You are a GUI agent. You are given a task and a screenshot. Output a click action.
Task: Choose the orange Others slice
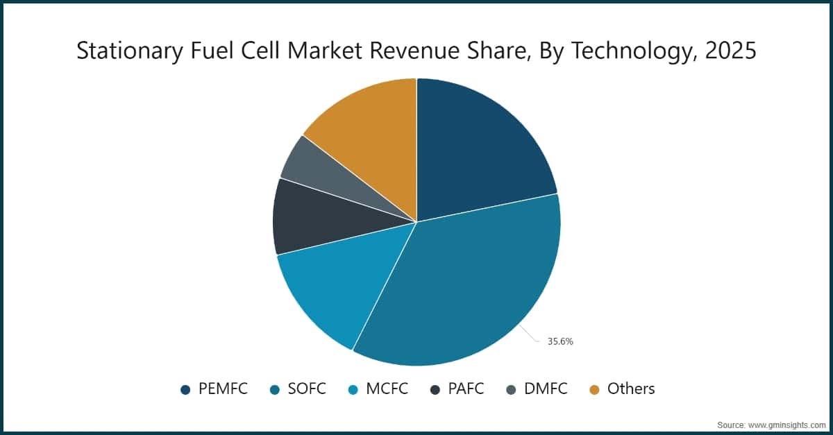(368, 132)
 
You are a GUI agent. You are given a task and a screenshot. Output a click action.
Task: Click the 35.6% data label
(560, 341)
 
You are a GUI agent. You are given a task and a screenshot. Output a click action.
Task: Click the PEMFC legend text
(223, 389)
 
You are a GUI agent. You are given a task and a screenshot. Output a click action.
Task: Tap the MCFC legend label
(386, 389)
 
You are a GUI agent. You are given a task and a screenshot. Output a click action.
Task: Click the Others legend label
(630, 389)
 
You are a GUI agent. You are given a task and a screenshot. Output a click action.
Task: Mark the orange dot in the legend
(595, 390)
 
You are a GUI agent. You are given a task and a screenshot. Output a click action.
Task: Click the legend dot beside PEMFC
(185, 390)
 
